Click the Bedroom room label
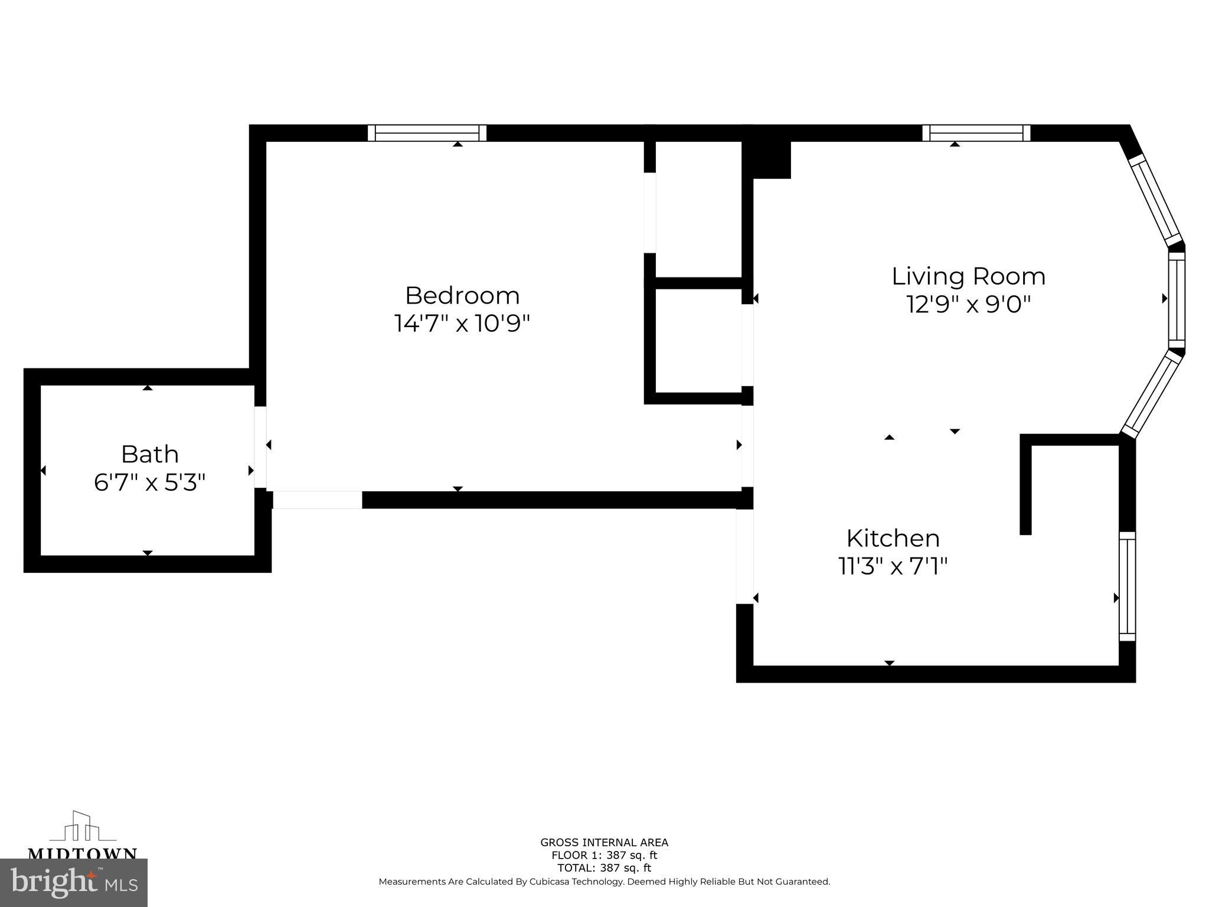coord(462,295)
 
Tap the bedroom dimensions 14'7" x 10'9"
coord(462,324)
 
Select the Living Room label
coord(968,276)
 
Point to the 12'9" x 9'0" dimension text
coord(968,305)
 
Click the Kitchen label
coord(893,539)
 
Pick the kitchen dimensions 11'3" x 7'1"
coord(893,567)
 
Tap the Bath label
coord(149,455)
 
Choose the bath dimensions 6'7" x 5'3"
coord(149,483)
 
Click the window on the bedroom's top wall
coord(427,133)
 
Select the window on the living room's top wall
coord(976,133)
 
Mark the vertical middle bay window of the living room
coord(1177,300)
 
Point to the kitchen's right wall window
coord(1127,586)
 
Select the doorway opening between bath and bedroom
coord(260,447)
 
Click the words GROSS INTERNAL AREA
coord(604,843)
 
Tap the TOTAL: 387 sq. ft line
coord(604,868)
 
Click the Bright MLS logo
coord(74,882)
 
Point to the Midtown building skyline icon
coord(82,827)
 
